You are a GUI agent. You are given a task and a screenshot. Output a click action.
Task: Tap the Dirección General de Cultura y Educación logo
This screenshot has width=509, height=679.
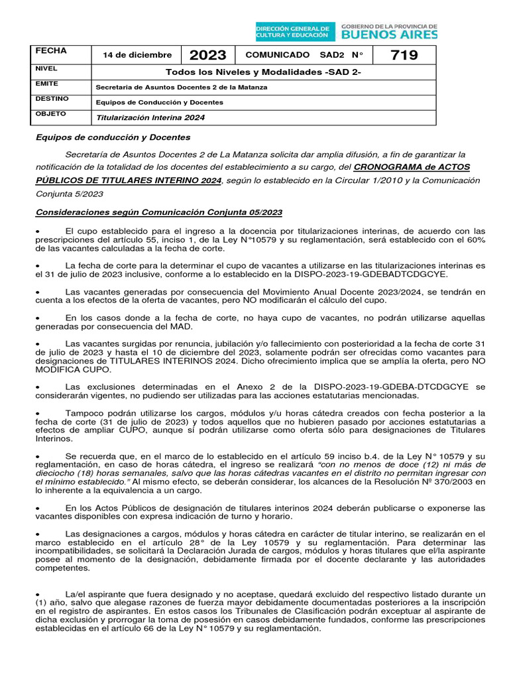pyautogui.click(x=294, y=31)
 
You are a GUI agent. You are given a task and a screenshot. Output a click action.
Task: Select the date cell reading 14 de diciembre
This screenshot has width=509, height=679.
pyautogui.click(x=137, y=55)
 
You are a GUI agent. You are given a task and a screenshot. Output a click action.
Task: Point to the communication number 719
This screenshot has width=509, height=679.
pyautogui.click(x=404, y=55)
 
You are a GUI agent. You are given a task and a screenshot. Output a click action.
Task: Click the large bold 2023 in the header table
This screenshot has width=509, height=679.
pyautogui.click(x=207, y=55)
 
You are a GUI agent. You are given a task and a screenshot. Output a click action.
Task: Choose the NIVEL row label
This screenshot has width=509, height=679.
pyautogui.click(x=46, y=68)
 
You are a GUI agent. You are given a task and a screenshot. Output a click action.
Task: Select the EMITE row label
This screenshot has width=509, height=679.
pyautogui.click(x=46, y=84)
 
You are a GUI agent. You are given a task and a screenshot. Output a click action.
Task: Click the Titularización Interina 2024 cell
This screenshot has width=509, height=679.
pyautogui.click(x=150, y=117)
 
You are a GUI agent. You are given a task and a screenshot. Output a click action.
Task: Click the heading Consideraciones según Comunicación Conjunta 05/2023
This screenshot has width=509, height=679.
pyautogui.click(x=158, y=212)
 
